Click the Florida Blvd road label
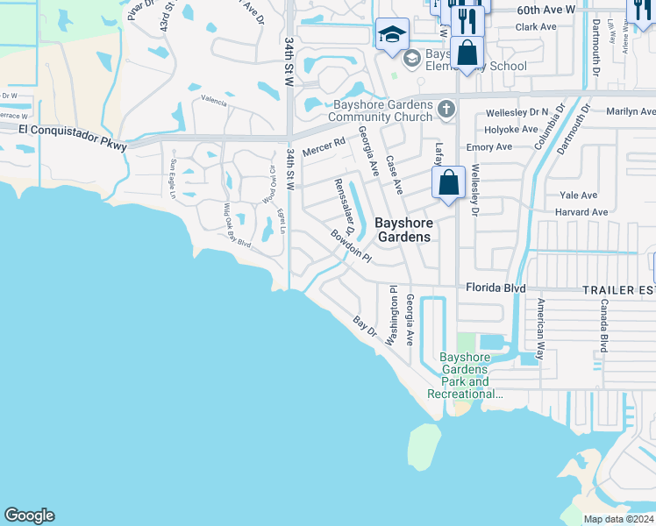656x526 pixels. coord(496,287)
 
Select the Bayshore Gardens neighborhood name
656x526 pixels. coord(403,230)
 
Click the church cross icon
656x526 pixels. coord(446,109)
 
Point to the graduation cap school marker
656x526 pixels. coord(391,35)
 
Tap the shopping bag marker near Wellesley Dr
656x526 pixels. coord(448,183)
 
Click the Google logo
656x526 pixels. coord(29,515)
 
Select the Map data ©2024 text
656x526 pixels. coord(618,519)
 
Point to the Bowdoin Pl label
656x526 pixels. coord(352,246)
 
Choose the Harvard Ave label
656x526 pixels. coord(581,212)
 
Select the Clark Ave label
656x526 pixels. coord(536,27)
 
